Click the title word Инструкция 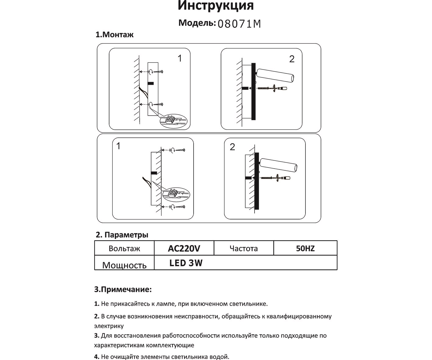click(216, 5)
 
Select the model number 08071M click(239, 24)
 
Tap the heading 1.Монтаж click(115, 35)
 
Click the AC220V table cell click(184, 248)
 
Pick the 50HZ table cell click(305, 248)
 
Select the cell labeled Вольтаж click(124, 248)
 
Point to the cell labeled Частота click(244, 248)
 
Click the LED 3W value click(186, 263)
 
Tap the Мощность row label click(124, 265)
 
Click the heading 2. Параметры click(122, 235)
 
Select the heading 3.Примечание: click(123, 289)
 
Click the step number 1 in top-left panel click(180, 58)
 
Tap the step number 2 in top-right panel click(292, 59)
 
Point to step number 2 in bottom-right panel click(232, 147)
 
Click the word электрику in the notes click(109, 326)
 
